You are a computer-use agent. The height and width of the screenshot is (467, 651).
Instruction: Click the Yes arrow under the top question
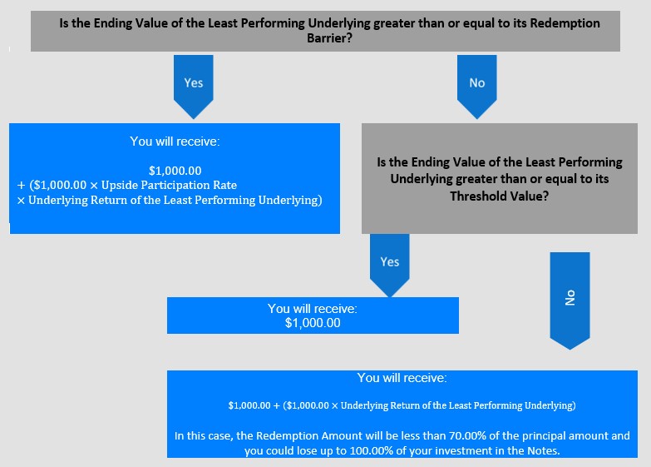pyautogui.click(x=194, y=87)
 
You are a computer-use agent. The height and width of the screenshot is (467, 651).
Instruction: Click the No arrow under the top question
pyautogui.click(x=476, y=87)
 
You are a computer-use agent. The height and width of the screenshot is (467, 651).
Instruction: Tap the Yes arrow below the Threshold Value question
pyautogui.click(x=389, y=266)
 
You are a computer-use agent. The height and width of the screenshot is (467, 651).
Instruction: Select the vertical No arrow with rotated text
pyautogui.click(x=570, y=301)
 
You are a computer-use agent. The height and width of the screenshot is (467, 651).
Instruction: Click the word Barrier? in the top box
pyautogui.click(x=329, y=38)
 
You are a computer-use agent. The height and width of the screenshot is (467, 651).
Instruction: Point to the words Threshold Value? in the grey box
pyautogui.click(x=500, y=196)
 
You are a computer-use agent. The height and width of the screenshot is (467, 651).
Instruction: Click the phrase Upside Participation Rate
pyautogui.click(x=169, y=185)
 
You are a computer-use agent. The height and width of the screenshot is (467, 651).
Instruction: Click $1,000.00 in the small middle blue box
pyautogui.click(x=313, y=323)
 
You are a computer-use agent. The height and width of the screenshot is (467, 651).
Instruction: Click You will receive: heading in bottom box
pyautogui.click(x=402, y=378)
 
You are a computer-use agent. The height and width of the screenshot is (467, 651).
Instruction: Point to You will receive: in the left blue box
pyautogui.click(x=175, y=142)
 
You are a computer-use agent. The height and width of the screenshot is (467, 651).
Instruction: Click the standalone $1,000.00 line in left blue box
pyautogui.click(x=175, y=171)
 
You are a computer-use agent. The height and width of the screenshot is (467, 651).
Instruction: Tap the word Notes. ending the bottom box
pyautogui.click(x=544, y=451)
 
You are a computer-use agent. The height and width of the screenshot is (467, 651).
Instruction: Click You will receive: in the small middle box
pyautogui.click(x=313, y=309)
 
